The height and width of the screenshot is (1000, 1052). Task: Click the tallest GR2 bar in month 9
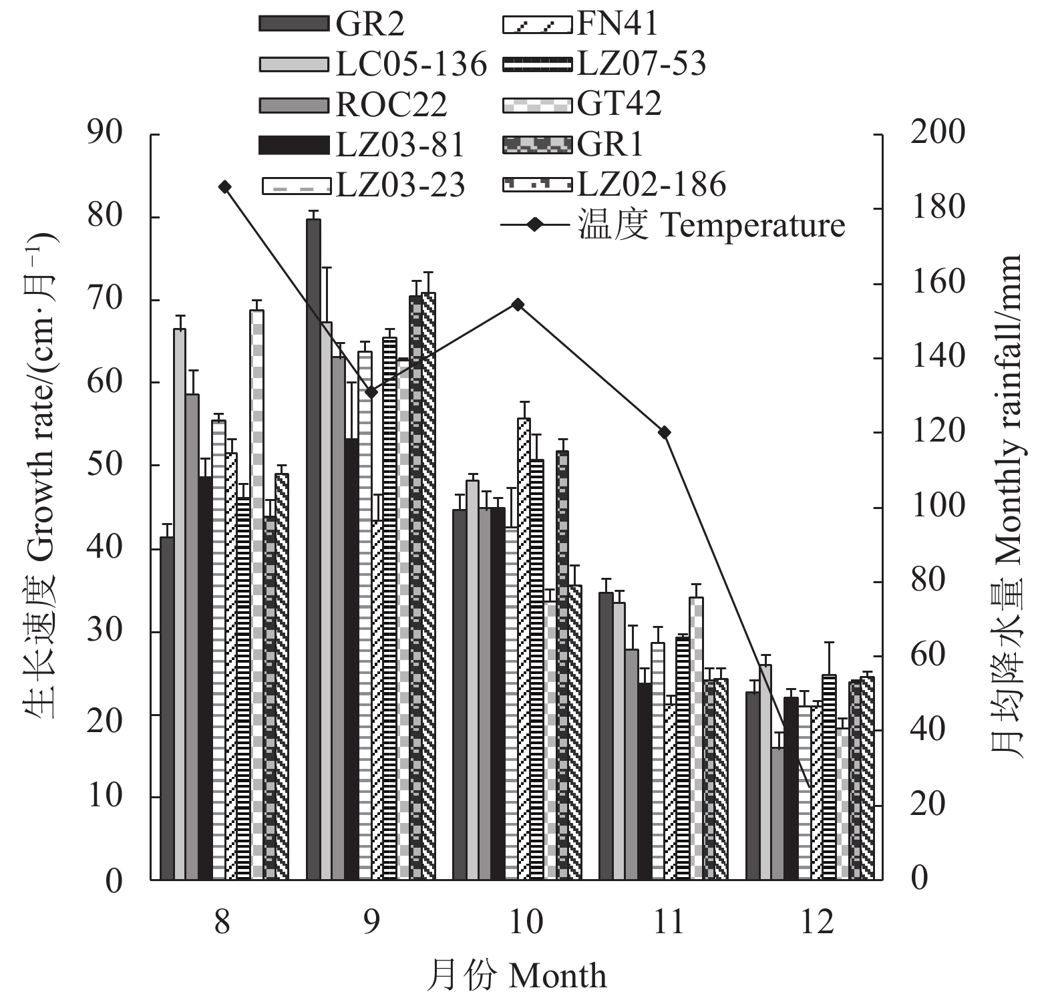point(313,548)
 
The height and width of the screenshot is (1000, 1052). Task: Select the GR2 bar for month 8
point(167,708)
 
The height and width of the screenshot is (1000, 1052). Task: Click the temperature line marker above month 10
point(518,305)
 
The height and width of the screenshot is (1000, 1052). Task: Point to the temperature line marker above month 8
point(225,187)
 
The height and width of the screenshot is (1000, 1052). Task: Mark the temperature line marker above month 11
point(664,433)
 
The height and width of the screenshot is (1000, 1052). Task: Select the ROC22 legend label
point(391,105)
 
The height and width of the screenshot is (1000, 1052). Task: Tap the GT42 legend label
point(619,104)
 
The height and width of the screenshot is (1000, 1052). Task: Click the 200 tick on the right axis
point(937,133)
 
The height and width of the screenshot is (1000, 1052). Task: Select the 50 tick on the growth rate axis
point(106,464)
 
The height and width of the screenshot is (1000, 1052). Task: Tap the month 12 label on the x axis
point(817,923)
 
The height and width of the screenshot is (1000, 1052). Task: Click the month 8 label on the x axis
point(222,923)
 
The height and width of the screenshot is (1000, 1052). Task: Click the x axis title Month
point(517,976)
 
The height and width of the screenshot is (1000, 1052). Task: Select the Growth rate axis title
point(41,476)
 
